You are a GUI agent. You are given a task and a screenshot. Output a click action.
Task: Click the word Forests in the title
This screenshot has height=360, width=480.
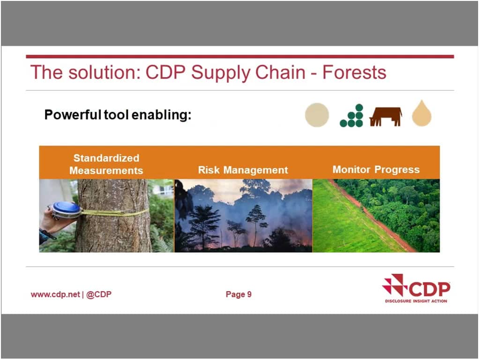click(x=354, y=73)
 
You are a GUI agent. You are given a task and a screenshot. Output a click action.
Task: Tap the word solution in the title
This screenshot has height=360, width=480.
click(x=103, y=73)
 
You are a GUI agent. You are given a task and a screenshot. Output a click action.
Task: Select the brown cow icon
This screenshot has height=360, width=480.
click(x=385, y=116)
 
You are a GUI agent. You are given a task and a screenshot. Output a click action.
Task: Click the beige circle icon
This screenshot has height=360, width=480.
click(x=317, y=115)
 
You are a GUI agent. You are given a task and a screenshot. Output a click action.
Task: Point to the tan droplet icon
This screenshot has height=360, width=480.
click(x=421, y=114)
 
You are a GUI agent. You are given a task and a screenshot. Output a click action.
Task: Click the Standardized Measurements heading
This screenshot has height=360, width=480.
click(x=106, y=164)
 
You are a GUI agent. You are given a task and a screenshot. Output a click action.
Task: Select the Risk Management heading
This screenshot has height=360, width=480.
click(x=243, y=170)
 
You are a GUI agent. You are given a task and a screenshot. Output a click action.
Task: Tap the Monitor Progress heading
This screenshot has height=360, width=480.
click(x=376, y=169)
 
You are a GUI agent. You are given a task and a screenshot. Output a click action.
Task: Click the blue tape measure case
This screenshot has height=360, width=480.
click(x=66, y=210)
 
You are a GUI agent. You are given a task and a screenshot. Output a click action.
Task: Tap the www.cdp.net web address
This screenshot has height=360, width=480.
click(x=55, y=294)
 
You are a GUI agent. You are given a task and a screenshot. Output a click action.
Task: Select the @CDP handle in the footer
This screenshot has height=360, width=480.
click(x=99, y=294)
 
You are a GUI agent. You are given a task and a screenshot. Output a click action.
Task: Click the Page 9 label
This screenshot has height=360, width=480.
click(x=239, y=294)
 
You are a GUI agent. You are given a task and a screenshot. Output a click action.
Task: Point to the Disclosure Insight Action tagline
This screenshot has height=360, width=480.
click(x=416, y=301)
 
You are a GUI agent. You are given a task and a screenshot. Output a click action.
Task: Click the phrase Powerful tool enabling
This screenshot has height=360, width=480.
click(x=118, y=115)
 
